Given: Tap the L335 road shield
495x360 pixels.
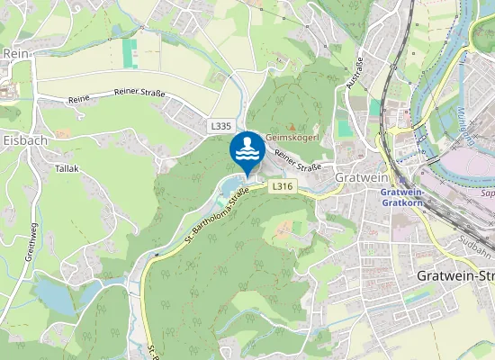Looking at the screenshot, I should [220, 128].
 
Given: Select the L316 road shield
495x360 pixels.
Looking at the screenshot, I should [282, 186].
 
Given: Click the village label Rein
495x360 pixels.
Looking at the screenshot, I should [16, 54].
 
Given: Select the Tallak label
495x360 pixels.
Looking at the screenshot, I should [67, 168].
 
